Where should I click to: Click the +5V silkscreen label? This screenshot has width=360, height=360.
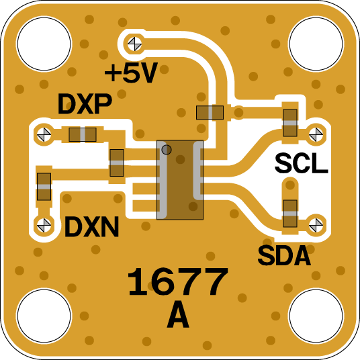[131, 73]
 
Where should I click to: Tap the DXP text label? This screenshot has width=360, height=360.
[85, 104]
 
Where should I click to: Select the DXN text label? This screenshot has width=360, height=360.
[91, 227]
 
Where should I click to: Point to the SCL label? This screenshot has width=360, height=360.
[301, 163]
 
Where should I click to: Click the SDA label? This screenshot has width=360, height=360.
[284, 255]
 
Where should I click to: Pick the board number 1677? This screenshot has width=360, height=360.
[177, 281]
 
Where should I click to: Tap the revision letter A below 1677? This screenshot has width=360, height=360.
[178, 315]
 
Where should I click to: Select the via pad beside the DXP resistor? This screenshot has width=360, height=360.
[44, 134]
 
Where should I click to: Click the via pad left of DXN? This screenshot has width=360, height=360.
[44, 225]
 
